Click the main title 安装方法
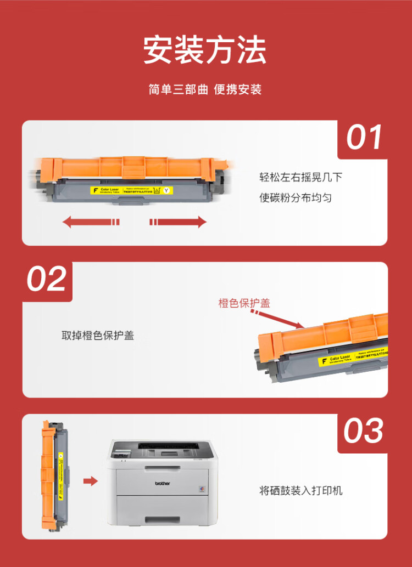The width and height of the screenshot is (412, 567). point(205,50)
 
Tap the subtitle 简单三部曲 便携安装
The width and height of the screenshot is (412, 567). point(205,89)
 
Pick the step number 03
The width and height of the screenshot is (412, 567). point(363,431)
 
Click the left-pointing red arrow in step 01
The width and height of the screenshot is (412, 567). point(91,222)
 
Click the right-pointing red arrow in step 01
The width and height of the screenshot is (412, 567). point(178,222)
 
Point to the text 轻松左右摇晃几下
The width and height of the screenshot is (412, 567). point(301,177)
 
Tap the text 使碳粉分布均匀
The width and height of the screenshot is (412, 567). point(295,197)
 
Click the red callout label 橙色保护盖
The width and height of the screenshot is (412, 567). point(244,303)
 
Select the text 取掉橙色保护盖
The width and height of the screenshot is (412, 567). point(97,335)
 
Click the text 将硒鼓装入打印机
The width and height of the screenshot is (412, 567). point(300,490)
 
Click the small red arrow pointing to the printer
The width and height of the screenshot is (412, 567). point(90,481)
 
